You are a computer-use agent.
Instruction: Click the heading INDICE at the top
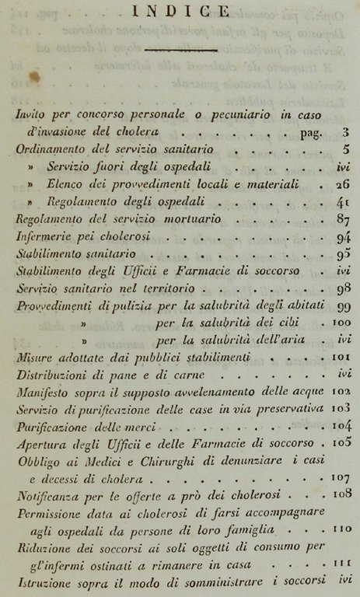click(x=181, y=11)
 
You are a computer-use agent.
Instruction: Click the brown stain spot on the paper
click(x=33, y=77)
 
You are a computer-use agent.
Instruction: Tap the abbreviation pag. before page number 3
click(x=311, y=132)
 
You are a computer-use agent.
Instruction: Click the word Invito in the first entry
click(x=30, y=114)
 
